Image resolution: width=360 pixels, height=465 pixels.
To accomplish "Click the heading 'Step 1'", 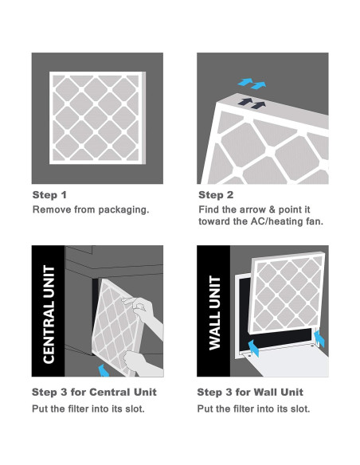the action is click(49, 195).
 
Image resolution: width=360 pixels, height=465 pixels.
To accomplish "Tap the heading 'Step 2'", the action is click(216, 195).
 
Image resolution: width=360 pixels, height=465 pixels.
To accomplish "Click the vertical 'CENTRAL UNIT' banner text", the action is click(49, 315).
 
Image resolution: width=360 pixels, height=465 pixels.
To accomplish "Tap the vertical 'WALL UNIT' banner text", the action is click(215, 313).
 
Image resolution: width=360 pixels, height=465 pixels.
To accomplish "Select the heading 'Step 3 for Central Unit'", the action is click(94, 392).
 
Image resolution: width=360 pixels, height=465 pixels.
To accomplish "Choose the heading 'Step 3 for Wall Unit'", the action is click(250, 392).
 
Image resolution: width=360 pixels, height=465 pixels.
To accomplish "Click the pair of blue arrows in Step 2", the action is click(252, 84).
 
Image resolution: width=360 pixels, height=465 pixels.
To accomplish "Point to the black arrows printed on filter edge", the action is click(252, 104).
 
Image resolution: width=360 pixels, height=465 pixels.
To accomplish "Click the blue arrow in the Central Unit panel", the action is click(104, 371).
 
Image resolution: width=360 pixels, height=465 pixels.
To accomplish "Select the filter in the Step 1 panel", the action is click(97, 118).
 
